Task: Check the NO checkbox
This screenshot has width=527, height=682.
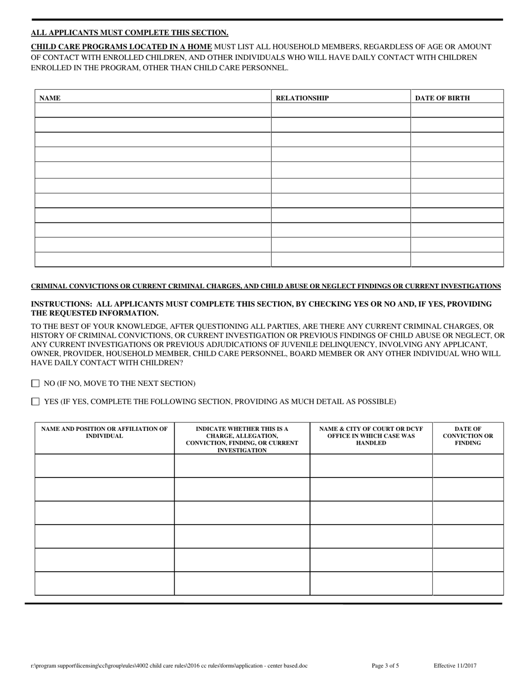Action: coord(36,383)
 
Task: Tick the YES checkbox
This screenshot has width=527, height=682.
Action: coord(36,401)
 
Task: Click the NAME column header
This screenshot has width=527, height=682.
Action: coord(50,98)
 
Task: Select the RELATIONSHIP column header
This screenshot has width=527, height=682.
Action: coord(302,98)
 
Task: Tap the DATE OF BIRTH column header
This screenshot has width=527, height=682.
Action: coord(442,98)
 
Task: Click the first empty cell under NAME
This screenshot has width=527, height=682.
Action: coord(153,110)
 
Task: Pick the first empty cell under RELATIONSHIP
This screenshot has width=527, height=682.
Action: coord(340,110)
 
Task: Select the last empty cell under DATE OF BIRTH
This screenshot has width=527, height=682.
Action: coord(457,259)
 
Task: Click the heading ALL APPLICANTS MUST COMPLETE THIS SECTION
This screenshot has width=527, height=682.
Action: coord(129,33)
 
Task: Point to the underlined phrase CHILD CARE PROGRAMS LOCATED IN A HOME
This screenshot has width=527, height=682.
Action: coord(121,47)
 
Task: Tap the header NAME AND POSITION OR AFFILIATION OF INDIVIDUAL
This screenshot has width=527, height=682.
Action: coord(104,432)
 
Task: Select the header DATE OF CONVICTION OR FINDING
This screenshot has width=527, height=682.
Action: coord(468,436)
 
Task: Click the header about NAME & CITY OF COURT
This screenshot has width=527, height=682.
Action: coord(371,436)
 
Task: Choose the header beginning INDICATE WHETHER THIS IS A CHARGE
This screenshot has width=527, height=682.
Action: coord(242,439)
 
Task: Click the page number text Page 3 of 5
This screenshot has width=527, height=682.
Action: coord(384,665)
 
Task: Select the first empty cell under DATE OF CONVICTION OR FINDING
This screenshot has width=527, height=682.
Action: coord(468,466)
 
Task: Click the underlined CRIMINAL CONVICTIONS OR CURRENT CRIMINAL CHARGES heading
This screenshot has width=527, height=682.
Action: coord(265,286)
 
